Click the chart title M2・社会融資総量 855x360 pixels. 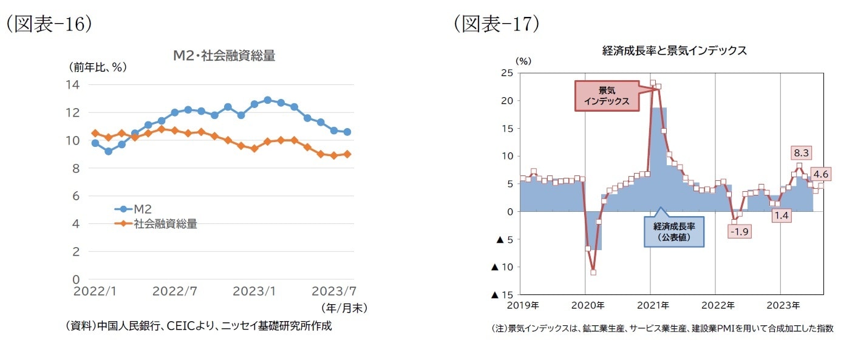[224, 56]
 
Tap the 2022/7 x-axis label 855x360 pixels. [175, 291]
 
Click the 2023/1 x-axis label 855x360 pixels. [254, 291]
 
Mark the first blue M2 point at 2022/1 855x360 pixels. [95, 143]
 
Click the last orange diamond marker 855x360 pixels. [347, 154]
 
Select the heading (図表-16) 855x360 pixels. [49, 24]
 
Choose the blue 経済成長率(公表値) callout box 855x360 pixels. [674, 231]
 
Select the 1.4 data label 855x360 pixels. [782, 214]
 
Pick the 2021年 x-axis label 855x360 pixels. [653, 305]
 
